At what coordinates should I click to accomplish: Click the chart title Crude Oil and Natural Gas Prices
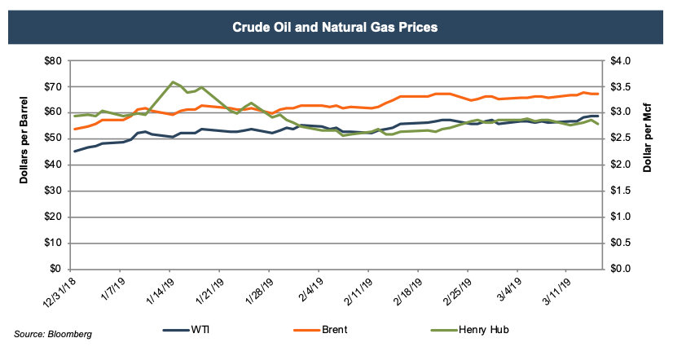click(x=336, y=27)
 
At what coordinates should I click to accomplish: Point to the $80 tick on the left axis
click(x=51, y=61)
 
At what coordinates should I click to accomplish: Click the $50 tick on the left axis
click(x=51, y=138)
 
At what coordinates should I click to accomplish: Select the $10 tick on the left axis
click(x=51, y=243)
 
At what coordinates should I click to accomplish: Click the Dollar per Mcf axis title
click(x=649, y=164)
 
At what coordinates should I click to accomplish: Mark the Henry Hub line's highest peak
click(x=172, y=81)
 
